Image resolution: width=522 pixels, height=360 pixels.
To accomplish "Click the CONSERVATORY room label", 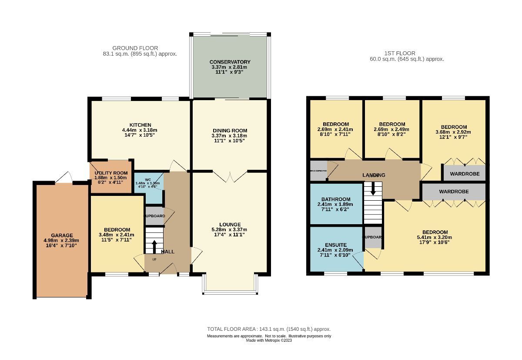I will [x=230, y=62].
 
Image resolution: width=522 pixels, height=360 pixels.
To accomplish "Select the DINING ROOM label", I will [x=230, y=131].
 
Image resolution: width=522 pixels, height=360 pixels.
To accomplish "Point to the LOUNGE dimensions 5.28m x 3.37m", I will [x=230, y=229].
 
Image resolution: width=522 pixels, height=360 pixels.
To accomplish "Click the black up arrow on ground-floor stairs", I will [x=154, y=246].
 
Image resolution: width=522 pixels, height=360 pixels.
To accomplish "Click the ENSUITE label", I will [x=335, y=245].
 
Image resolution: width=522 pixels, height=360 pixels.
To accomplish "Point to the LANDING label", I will [x=374, y=175].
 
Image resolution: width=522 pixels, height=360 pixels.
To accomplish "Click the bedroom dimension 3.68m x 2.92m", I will [x=453, y=132].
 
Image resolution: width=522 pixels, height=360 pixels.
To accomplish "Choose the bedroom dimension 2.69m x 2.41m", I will [x=335, y=129].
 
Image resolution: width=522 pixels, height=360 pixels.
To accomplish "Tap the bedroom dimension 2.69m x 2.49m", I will [x=392, y=129].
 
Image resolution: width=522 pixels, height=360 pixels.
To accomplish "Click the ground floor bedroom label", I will [x=117, y=230].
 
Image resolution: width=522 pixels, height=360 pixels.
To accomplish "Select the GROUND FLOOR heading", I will [x=135, y=48].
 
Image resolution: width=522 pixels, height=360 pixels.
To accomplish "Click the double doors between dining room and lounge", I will [x=230, y=175].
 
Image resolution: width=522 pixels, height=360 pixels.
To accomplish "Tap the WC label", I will [x=148, y=179].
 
